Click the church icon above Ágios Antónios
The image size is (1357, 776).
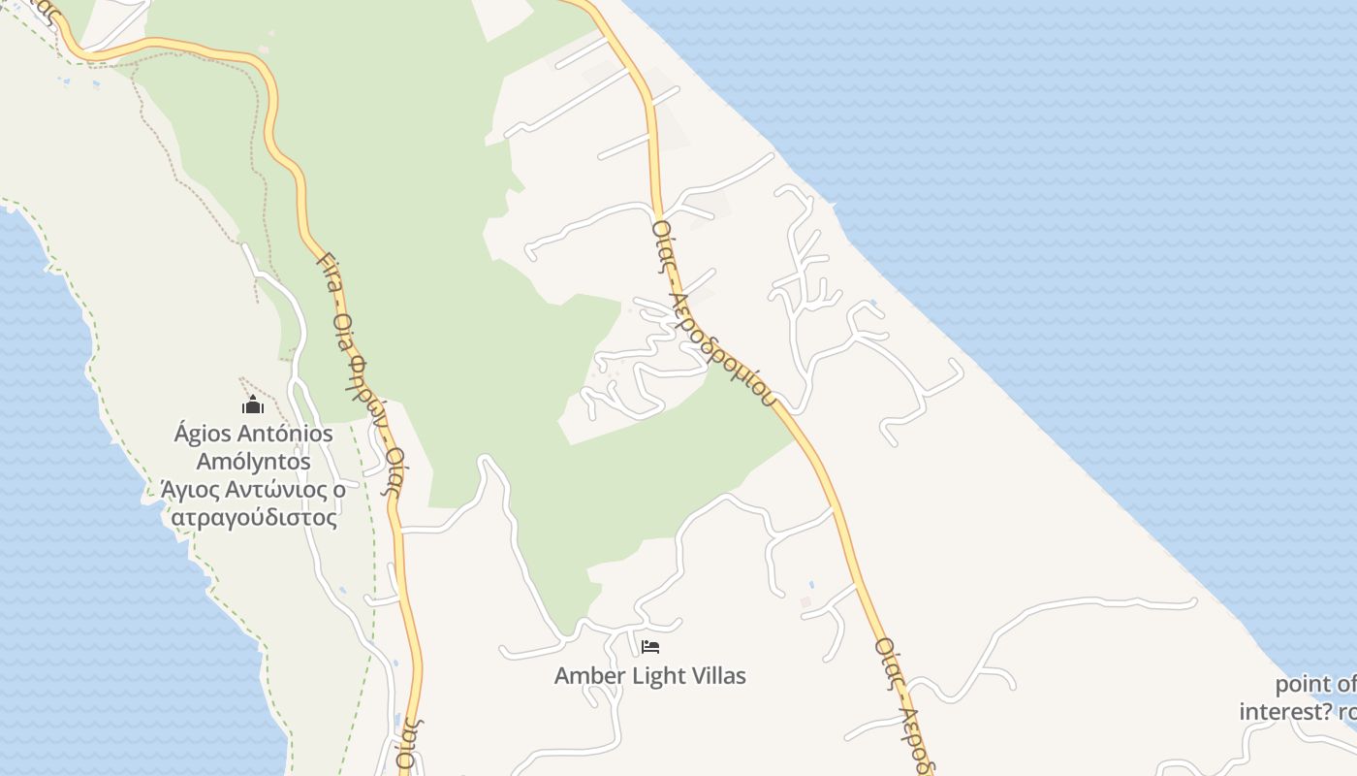coord(253,404)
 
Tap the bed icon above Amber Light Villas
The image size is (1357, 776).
coord(650,646)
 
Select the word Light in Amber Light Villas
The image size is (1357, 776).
coord(656,675)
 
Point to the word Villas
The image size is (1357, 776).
coord(715,675)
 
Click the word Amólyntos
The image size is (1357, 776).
coord(253,461)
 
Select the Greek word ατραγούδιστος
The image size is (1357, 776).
coord(254,517)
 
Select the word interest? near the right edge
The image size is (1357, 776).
coord(1285,712)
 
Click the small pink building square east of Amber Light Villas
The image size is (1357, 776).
coord(805,602)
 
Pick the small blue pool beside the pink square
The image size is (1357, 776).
coord(811,585)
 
